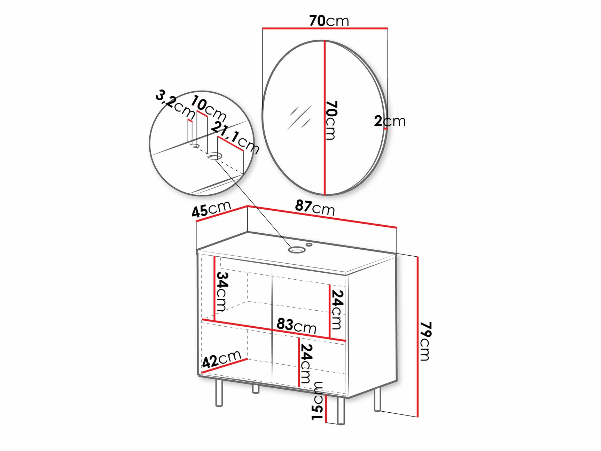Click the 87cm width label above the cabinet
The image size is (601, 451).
[x=315, y=208]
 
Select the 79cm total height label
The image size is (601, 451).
[x=425, y=341]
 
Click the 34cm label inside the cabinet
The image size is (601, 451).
[x=222, y=291]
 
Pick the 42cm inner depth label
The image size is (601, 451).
[x=221, y=359]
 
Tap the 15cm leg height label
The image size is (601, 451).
[x=318, y=401]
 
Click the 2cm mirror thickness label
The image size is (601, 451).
[x=390, y=121]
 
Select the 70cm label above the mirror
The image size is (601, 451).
[x=329, y=21]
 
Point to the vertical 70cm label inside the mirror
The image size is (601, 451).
[x=331, y=120]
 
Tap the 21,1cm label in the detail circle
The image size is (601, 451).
[x=235, y=138]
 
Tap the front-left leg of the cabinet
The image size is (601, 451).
[x=219, y=393]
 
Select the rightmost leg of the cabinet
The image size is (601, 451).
[x=377, y=400]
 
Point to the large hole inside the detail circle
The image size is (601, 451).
[x=214, y=156]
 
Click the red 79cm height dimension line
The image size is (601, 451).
[x=417, y=336]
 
